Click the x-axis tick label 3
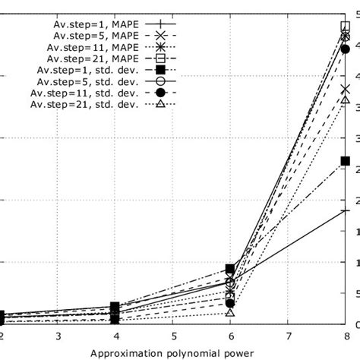58,336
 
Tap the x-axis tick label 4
115,336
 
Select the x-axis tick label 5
173,336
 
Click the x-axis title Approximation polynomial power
173,353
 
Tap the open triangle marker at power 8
346,99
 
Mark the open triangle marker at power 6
230,312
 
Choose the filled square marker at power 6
230,269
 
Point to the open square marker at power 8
346,27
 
